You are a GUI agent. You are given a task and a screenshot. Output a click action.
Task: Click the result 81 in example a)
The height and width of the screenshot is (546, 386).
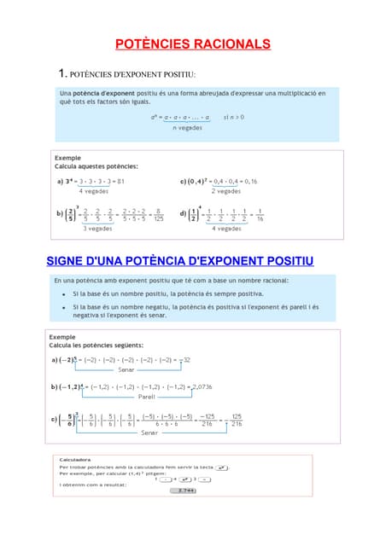pos(121,182)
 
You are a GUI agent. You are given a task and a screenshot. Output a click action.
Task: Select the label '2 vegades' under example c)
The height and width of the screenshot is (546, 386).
pos(226,191)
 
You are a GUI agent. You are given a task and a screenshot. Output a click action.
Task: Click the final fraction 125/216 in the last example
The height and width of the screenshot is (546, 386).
pos(237,422)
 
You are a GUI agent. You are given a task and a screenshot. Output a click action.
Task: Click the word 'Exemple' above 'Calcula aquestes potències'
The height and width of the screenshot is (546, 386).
pos(68,158)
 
